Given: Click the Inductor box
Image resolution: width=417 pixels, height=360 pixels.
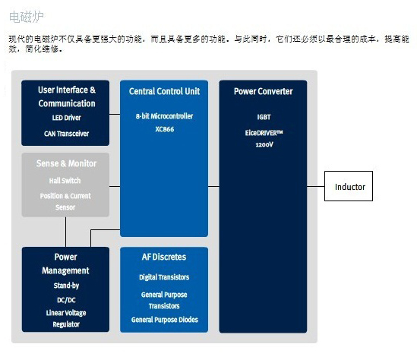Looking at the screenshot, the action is point(349,186).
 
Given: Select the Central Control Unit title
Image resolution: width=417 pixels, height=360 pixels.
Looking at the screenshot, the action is point(164,91).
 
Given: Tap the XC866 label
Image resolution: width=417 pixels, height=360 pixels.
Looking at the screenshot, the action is point(165,129).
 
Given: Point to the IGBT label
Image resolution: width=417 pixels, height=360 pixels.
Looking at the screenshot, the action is point(264,117).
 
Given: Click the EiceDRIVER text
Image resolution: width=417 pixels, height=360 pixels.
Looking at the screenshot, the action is point(264,133).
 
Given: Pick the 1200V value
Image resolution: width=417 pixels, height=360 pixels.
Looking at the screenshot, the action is point(264,144).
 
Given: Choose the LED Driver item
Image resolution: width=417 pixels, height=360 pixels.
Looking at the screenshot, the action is point(67,118).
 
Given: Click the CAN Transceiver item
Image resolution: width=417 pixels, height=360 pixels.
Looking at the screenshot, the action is point(67,134).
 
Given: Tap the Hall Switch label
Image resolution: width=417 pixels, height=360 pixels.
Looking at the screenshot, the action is point(65,181).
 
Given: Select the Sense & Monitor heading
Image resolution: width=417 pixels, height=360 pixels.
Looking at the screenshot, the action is point(67,163).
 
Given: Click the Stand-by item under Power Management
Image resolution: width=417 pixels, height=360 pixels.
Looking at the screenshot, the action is point(66,286).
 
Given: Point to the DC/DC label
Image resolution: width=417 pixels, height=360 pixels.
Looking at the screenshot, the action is point(66,300).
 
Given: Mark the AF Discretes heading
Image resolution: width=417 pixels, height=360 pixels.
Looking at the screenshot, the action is point(164,257).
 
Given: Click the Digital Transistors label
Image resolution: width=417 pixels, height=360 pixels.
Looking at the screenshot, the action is point(164,277).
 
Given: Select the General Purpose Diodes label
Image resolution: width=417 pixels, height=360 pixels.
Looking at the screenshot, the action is point(165,320).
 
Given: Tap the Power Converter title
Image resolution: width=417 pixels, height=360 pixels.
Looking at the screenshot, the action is point(264,91).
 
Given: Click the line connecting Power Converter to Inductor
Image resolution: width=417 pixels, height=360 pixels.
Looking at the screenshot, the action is point(316,186).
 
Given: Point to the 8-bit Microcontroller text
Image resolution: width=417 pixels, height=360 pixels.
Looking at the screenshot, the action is point(164,116).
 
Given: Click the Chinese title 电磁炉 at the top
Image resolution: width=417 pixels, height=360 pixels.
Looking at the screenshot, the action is point(27,17).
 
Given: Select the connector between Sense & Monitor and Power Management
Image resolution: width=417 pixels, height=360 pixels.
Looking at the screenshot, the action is point(65,232).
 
